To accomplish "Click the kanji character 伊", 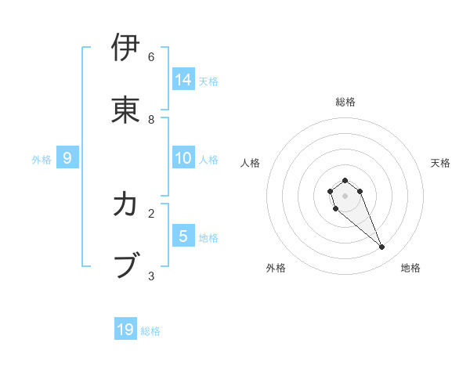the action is click(125, 48).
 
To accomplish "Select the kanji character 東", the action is click(125, 110).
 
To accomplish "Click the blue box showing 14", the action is click(183, 79).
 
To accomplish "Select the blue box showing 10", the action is click(183, 158).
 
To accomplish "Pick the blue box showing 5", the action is click(183, 236).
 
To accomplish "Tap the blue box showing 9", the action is click(67, 158).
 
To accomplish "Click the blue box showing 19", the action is click(125, 330).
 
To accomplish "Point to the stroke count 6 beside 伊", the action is click(151, 57).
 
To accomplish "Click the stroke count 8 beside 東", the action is click(151, 120).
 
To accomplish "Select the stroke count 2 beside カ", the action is click(151, 213).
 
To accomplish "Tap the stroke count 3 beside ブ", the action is click(151, 276).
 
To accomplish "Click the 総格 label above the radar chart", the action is click(345, 102).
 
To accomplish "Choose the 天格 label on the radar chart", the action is click(440, 163).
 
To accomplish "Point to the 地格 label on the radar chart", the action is click(410, 268).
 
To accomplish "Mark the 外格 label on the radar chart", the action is click(276, 268).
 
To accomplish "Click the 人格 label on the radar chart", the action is click(251, 163).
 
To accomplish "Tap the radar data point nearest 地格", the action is click(382, 247).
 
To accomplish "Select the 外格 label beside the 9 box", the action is click(42, 160).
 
